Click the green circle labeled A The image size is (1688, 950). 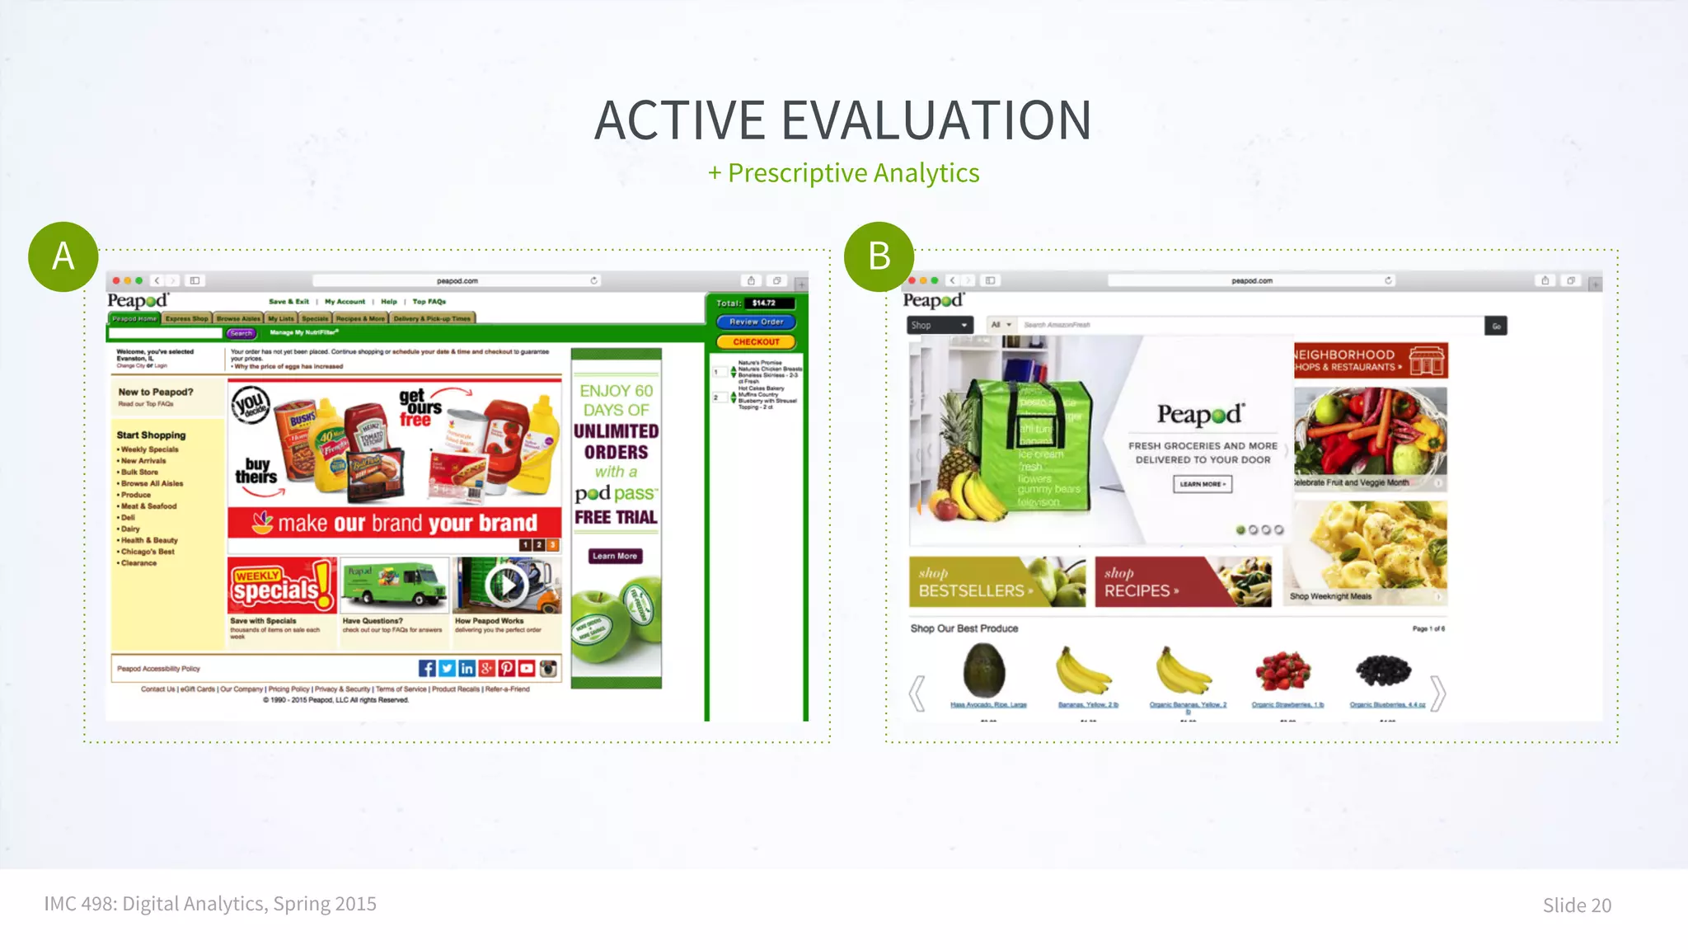click(x=63, y=256)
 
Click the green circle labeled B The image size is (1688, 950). click(x=879, y=256)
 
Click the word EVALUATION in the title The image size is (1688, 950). click(x=936, y=120)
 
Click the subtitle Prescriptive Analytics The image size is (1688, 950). click(x=853, y=173)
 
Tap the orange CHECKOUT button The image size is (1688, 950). click(x=756, y=341)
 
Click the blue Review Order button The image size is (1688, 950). click(x=756, y=322)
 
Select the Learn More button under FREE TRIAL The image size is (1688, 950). click(x=615, y=556)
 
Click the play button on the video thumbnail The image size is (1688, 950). click(x=506, y=586)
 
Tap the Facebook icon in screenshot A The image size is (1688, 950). click(x=426, y=669)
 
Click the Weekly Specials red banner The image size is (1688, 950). click(x=282, y=586)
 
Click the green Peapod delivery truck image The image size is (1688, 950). click(x=395, y=586)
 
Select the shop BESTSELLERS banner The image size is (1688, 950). click(x=997, y=582)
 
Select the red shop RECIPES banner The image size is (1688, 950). click(x=1183, y=582)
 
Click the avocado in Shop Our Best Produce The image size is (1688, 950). click(x=985, y=670)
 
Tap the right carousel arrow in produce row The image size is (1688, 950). click(x=1437, y=693)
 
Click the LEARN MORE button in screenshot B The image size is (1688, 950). click(x=1203, y=484)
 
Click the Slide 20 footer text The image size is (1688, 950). click(x=1576, y=905)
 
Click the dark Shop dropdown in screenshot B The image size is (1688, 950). click(x=940, y=325)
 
